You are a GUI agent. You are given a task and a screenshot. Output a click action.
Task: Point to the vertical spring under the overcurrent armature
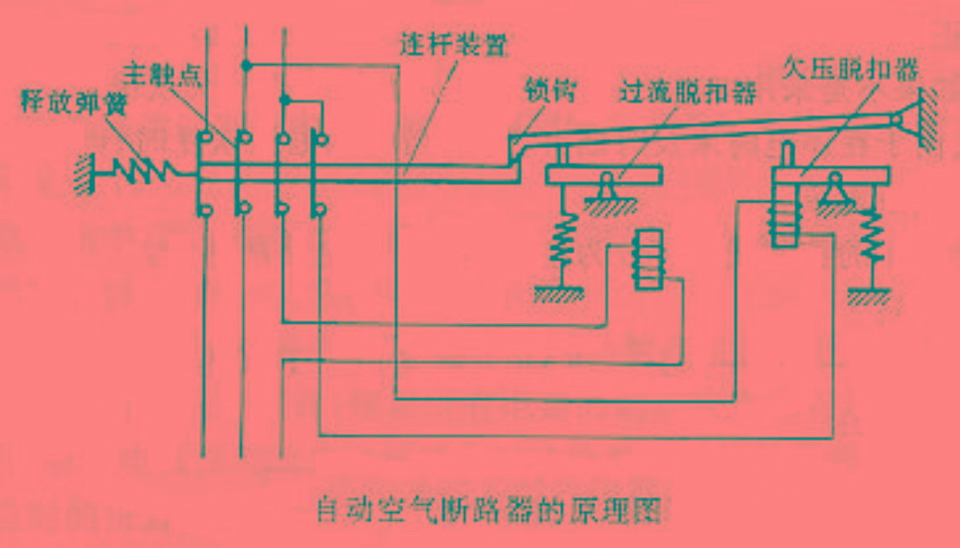point(563,239)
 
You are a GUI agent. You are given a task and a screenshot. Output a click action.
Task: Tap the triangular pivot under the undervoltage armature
point(835,186)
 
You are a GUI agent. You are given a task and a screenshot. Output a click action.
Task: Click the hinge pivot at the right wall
point(899,120)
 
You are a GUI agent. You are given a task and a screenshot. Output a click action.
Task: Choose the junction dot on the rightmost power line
point(285,101)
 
